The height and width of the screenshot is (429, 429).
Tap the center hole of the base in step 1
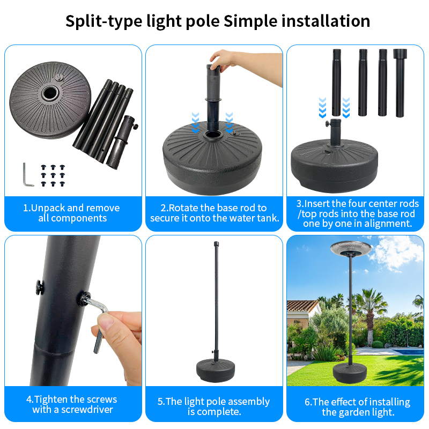coord(50,93)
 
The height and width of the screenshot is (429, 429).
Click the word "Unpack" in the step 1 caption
coord(48,208)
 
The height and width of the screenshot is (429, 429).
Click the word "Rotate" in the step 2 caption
coord(183,208)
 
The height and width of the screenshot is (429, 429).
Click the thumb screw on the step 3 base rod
coord(328,123)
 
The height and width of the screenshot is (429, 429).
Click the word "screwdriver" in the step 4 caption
coord(87,410)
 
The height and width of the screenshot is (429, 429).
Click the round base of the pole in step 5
coord(216,370)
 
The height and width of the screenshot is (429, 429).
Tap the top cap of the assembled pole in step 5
coord(216,243)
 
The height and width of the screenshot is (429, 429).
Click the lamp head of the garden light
coord(351,248)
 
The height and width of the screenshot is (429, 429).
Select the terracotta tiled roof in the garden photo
coord(301,306)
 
